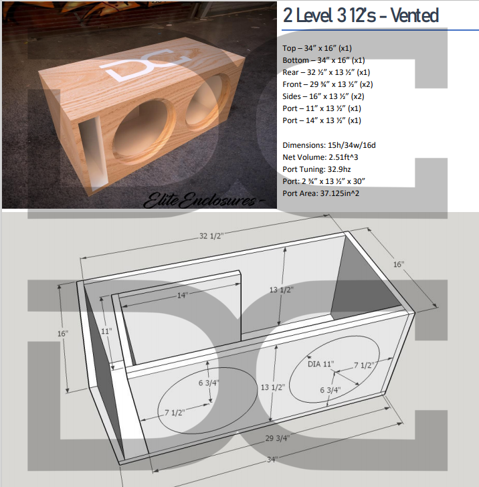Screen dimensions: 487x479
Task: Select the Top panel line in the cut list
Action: pos(317,48)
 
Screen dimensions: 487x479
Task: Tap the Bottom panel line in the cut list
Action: pos(324,60)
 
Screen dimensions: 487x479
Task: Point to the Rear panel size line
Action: pos(326,72)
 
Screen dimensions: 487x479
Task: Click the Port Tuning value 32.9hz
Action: pos(350,169)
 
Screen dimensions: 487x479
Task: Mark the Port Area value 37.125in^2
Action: pos(355,193)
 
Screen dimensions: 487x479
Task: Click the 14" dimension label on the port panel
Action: pos(182,295)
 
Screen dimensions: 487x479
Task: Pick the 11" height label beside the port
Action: pos(106,330)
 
